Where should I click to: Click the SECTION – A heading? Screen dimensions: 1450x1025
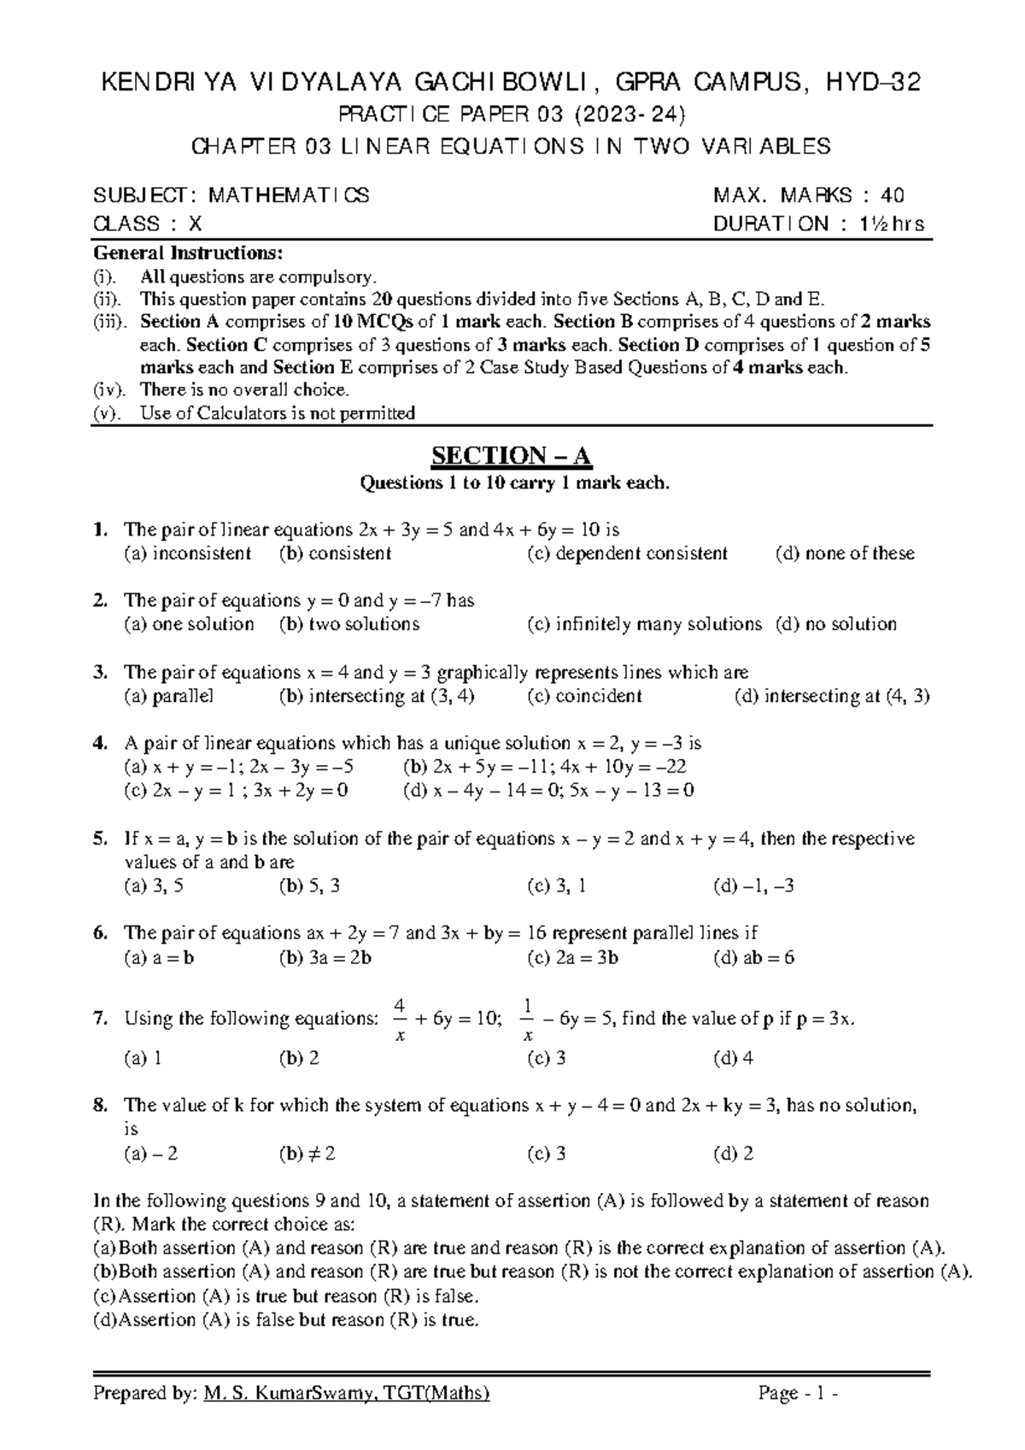coord(512,455)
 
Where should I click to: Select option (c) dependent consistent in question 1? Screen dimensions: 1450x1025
coord(628,553)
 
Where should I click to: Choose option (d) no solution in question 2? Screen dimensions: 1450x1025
coord(836,624)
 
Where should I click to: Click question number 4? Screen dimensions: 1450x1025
coord(99,743)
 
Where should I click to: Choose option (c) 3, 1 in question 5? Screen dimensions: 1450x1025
coord(557,886)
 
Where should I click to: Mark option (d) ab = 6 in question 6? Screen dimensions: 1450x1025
coord(753,957)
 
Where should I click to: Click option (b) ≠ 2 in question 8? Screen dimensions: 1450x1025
coord(307,1154)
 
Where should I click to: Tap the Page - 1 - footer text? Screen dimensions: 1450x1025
coord(798,1394)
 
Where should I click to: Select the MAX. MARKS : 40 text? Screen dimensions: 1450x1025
coord(809,196)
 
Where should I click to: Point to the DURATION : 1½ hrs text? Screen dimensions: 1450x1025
coord(818,224)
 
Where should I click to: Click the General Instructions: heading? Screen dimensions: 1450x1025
coord(187,254)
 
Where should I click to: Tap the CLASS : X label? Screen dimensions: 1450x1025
coord(147,224)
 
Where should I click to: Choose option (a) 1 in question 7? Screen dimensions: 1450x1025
coord(143,1059)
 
